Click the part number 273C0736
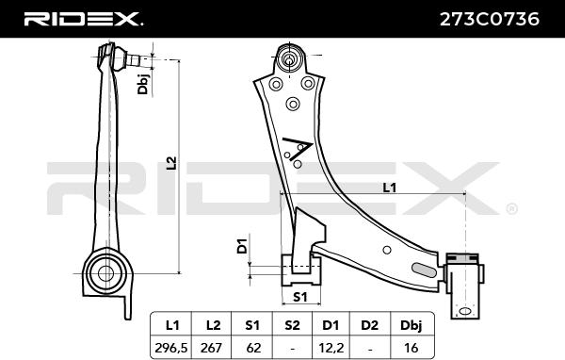(x=490, y=19)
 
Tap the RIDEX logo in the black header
(x=83, y=19)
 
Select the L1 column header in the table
(x=172, y=325)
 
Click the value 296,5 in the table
(x=171, y=348)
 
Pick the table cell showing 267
(x=211, y=348)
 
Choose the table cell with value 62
(x=253, y=348)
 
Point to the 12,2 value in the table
(x=331, y=348)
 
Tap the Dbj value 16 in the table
(x=412, y=348)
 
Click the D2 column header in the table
(x=370, y=325)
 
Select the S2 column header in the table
(x=292, y=325)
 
